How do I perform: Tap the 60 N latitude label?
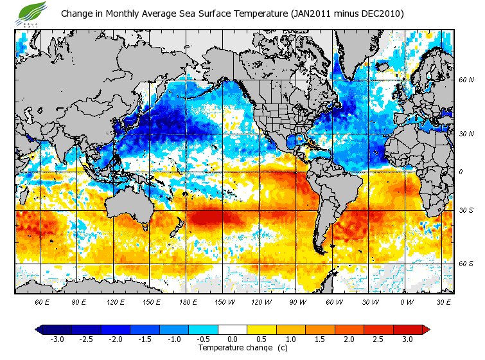click(466, 80)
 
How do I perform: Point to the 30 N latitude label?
click(466, 134)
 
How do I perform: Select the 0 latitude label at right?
click(460, 172)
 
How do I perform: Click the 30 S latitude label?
click(466, 211)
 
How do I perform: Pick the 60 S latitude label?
click(466, 264)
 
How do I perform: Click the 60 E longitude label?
click(42, 301)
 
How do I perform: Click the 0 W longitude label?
click(406, 301)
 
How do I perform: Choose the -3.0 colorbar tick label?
click(57, 339)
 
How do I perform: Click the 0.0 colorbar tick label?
click(233, 339)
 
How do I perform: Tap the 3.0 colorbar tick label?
click(408, 339)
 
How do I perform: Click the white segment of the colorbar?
click(233, 330)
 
